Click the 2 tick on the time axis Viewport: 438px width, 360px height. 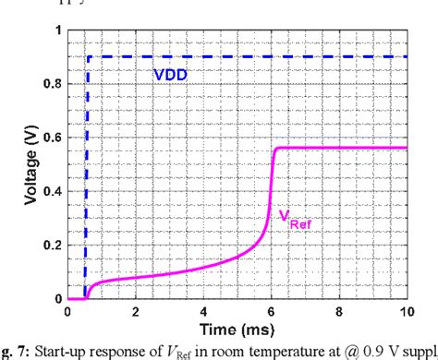click(136, 313)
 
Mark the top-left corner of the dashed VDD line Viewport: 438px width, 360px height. click(88, 57)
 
